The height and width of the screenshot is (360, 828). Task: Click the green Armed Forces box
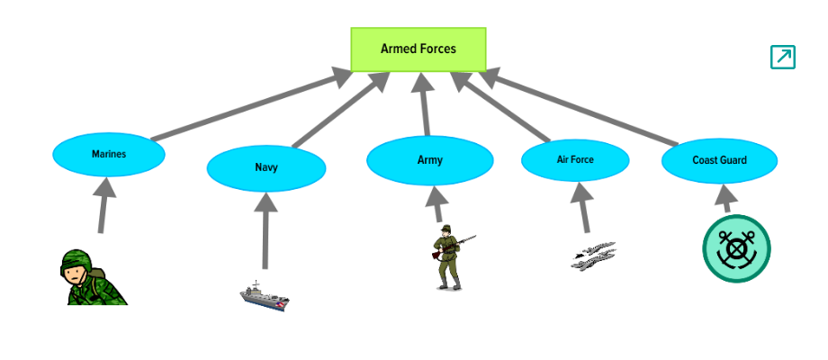click(x=418, y=49)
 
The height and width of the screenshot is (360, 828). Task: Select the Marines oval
click(x=109, y=154)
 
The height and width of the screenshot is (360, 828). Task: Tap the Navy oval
click(x=266, y=168)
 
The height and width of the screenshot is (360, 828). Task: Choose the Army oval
click(x=430, y=160)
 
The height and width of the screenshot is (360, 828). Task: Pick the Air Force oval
click(x=575, y=159)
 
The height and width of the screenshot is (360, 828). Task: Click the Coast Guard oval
click(x=719, y=160)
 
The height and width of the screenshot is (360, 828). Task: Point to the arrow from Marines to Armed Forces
click(x=252, y=104)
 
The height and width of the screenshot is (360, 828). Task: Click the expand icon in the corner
click(x=783, y=57)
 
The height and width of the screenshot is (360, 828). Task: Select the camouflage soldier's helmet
click(x=76, y=261)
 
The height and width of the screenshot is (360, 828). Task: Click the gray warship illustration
click(x=265, y=296)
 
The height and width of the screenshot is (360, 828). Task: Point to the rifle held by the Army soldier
click(x=454, y=246)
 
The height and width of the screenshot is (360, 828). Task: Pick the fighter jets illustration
click(x=593, y=256)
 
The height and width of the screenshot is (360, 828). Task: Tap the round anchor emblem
click(x=736, y=248)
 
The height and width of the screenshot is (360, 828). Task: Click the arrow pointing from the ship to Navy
click(x=265, y=230)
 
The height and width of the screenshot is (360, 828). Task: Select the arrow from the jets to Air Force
click(x=583, y=207)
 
